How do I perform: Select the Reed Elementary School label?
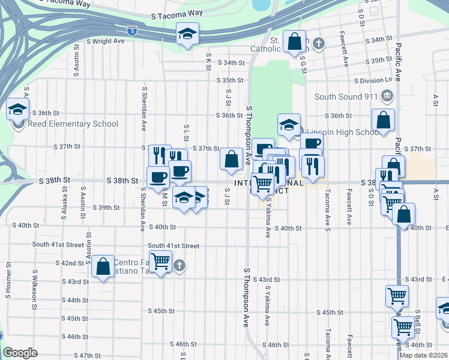click(x=73, y=124)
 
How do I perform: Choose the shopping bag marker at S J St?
click(x=231, y=160)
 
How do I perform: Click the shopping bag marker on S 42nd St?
click(x=103, y=265)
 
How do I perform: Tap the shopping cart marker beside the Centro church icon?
click(x=160, y=262)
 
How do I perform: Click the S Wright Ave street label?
click(x=105, y=41)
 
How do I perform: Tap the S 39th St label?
click(x=109, y=208)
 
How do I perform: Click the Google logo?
click(x=20, y=353)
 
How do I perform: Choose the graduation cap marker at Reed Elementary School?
click(x=18, y=111)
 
